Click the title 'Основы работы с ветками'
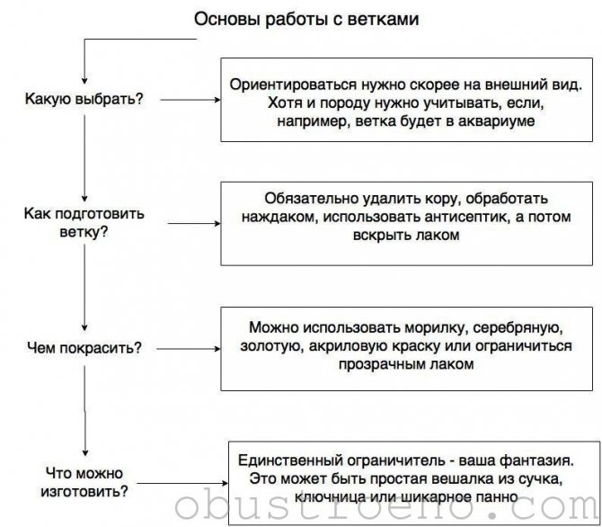[306, 19]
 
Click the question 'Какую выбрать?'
[84, 99]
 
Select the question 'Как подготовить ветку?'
[84, 223]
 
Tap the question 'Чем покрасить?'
[84, 348]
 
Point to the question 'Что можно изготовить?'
[84, 482]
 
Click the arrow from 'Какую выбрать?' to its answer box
[190, 100]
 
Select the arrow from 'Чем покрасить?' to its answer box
[189, 349]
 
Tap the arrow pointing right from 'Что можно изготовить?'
[182, 483]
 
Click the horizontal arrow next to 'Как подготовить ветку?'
[194, 223]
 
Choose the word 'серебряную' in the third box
[518, 328]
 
